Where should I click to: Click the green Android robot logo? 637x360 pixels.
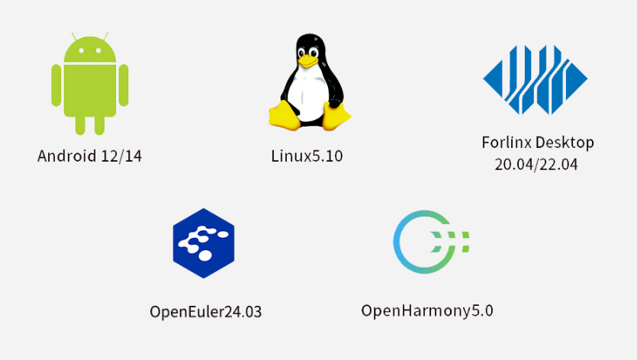pyautogui.click(x=89, y=84)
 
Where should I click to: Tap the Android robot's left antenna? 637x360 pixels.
pyautogui.click(x=74, y=37)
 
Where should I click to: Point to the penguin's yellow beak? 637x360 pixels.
pyautogui.click(x=307, y=60)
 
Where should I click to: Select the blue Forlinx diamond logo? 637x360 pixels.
pyautogui.click(x=535, y=79)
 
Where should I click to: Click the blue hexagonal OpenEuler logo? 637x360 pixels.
pyautogui.click(x=203, y=243)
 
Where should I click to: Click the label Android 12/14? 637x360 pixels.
pyautogui.click(x=89, y=156)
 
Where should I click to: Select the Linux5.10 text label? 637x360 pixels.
pyautogui.click(x=307, y=156)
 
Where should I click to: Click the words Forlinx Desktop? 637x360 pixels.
pyautogui.click(x=537, y=143)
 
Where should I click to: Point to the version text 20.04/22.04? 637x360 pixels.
pyautogui.click(x=536, y=164)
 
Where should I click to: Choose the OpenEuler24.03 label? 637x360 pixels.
pyautogui.click(x=205, y=312)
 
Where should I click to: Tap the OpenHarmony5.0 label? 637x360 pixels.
pyautogui.click(x=427, y=310)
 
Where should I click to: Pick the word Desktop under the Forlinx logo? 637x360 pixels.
pyautogui.click(x=564, y=143)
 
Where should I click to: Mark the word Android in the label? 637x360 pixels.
pyautogui.click(x=67, y=156)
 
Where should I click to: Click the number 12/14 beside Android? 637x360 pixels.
pyautogui.click(x=121, y=156)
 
